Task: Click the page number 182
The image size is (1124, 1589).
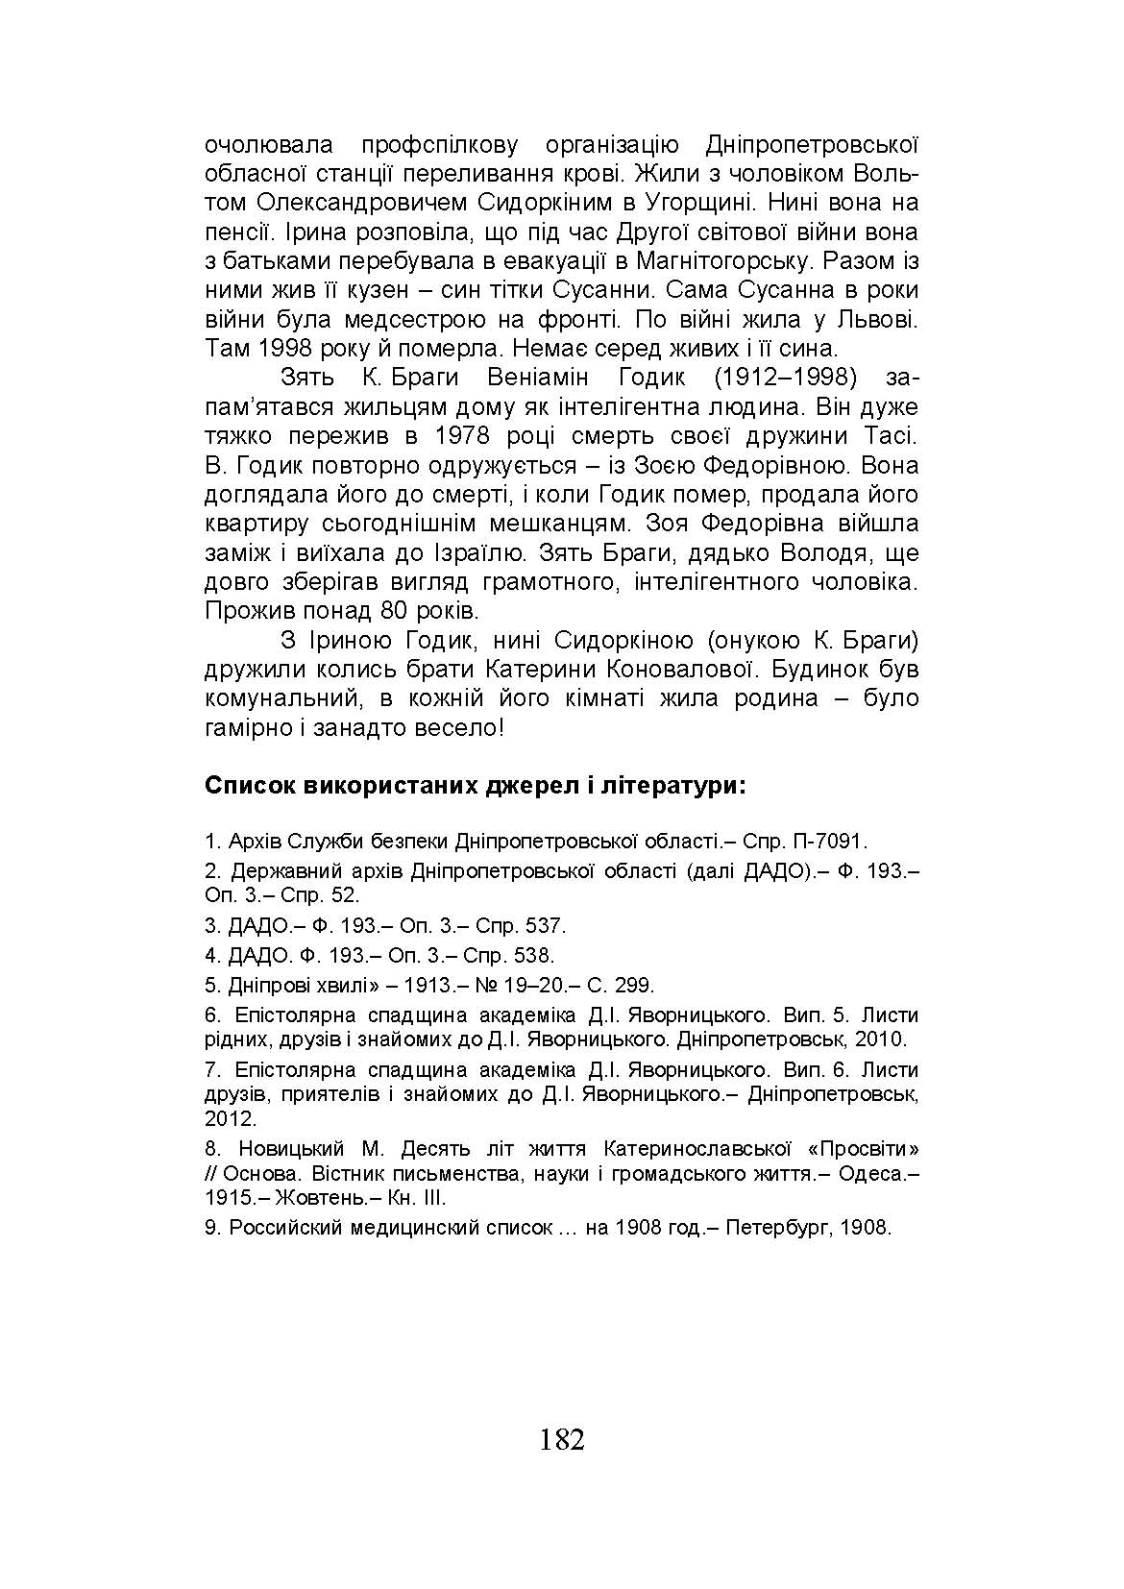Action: tap(562, 1440)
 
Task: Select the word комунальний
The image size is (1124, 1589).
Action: tap(279, 698)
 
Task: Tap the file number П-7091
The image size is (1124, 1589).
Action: tap(830, 842)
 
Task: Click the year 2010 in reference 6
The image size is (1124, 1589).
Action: tap(885, 1039)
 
